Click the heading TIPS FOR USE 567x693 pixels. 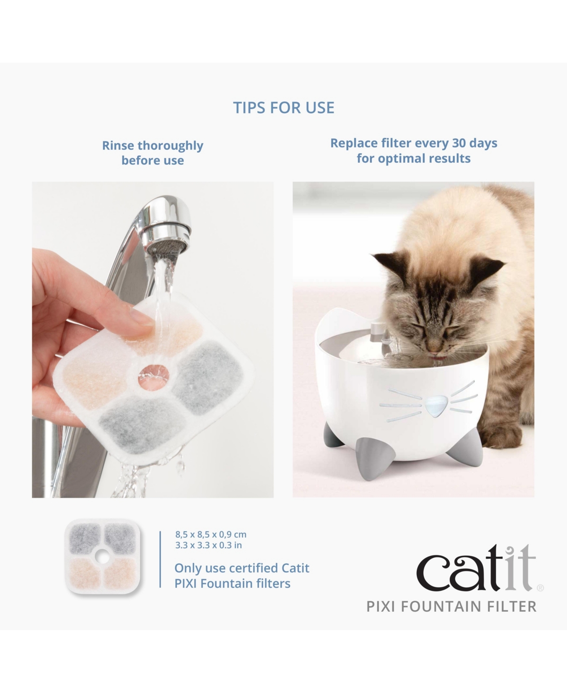[283, 108]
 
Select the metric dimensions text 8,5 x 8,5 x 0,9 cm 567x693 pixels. [211, 535]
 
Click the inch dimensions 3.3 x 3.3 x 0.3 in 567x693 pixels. [208, 545]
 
